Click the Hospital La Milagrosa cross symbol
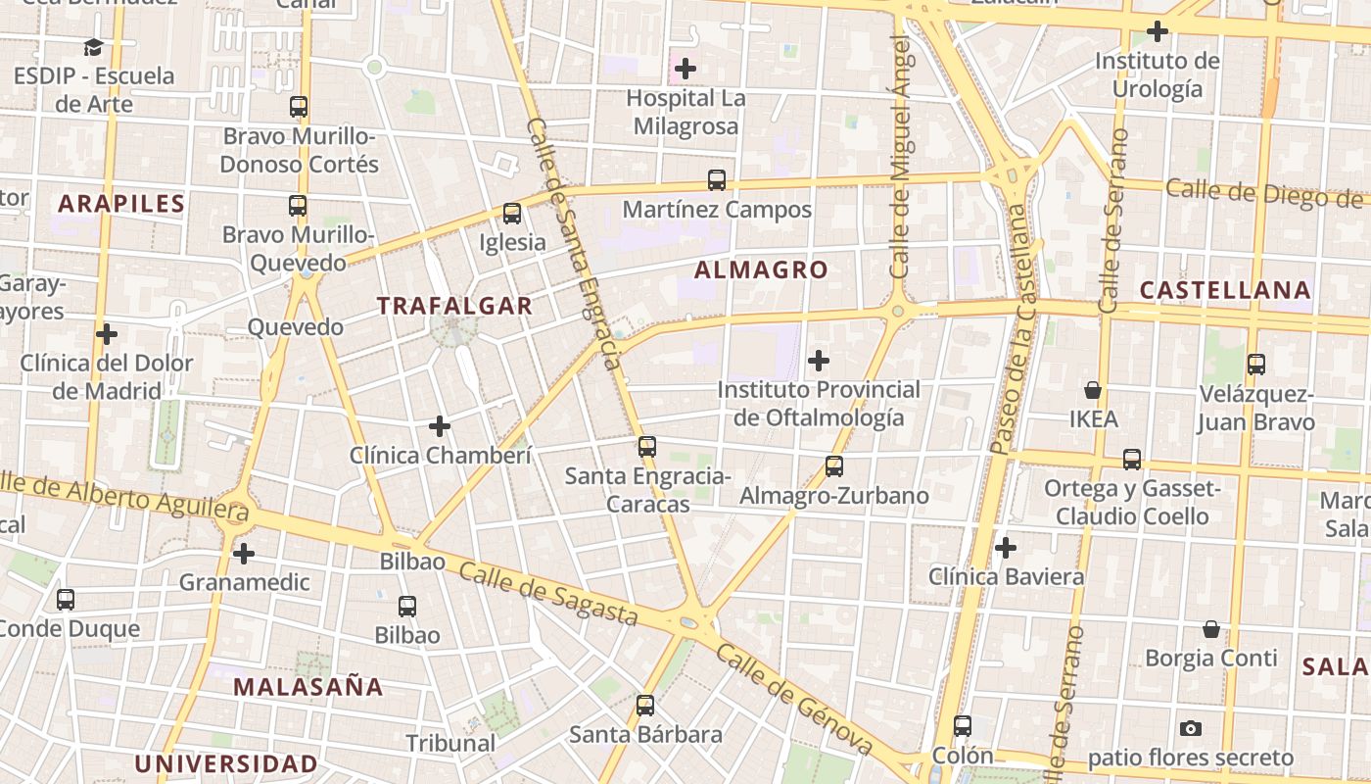click(685, 69)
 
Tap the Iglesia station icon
click(511, 214)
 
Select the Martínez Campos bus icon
click(717, 180)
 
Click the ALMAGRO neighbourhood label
click(761, 269)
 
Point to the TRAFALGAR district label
click(454, 306)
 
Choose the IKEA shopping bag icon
click(1093, 390)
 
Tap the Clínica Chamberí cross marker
click(440, 426)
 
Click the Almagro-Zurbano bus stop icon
click(833, 466)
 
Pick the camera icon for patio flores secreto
click(1191, 728)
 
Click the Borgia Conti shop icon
click(1211, 629)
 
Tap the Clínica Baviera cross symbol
click(1006, 548)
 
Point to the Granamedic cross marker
click(244, 554)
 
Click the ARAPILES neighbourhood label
click(121, 204)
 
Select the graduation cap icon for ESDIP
click(93, 47)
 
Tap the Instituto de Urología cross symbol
click(1158, 31)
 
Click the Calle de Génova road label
click(793, 700)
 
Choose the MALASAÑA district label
click(307, 686)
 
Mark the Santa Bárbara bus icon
click(644, 706)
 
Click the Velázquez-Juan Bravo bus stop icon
click(1256, 365)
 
